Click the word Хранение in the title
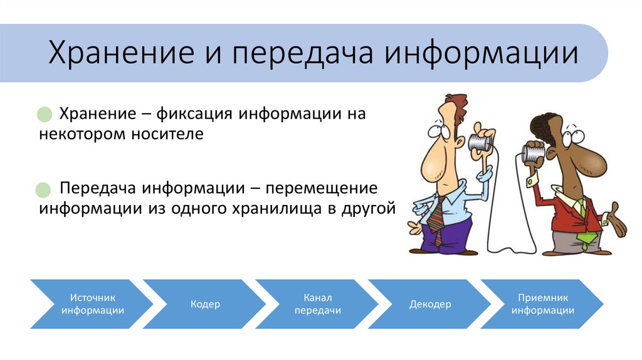pyautogui.click(x=121, y=53)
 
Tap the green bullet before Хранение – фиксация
pyautogui.click(x=45, y=114)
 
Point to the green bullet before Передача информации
pyautogui.click(x=43, y=189)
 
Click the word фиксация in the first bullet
pyautogui.click(x=194, y=114)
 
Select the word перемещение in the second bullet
pyautogui.click(x=322, y=189)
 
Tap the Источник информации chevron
pyautogui.click(x=92, y=304)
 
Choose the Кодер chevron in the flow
pyautogui.click(x=205, y=304)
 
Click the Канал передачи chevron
pyautogui.click(x=317, y=304)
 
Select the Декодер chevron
pyautogui.click(x=429, y=304)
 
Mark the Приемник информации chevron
pyautogui.click(x=542, y=304)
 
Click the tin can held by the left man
pyautogui.click(x=480, y=142)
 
